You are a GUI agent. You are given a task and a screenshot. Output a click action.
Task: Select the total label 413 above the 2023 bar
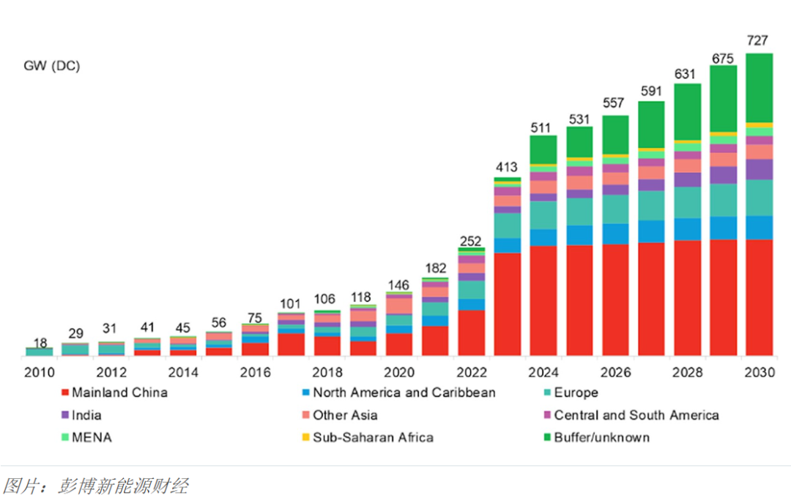point(508,164)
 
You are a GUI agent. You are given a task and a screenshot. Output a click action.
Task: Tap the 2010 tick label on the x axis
point(39,372)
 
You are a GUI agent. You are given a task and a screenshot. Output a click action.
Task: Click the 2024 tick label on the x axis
point(543,372)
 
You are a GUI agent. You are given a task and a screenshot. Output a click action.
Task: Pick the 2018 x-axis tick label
point(327,372)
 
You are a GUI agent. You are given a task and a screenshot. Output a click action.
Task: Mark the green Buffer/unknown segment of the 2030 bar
point(760,88)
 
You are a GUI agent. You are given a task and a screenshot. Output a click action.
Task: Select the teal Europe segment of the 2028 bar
point(687,202)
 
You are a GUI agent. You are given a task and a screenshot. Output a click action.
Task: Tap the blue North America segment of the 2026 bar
point(615,234)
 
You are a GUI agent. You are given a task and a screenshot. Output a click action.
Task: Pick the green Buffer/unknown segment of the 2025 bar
point(579,142)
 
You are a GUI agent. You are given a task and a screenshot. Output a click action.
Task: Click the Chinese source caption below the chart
point(94,486)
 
